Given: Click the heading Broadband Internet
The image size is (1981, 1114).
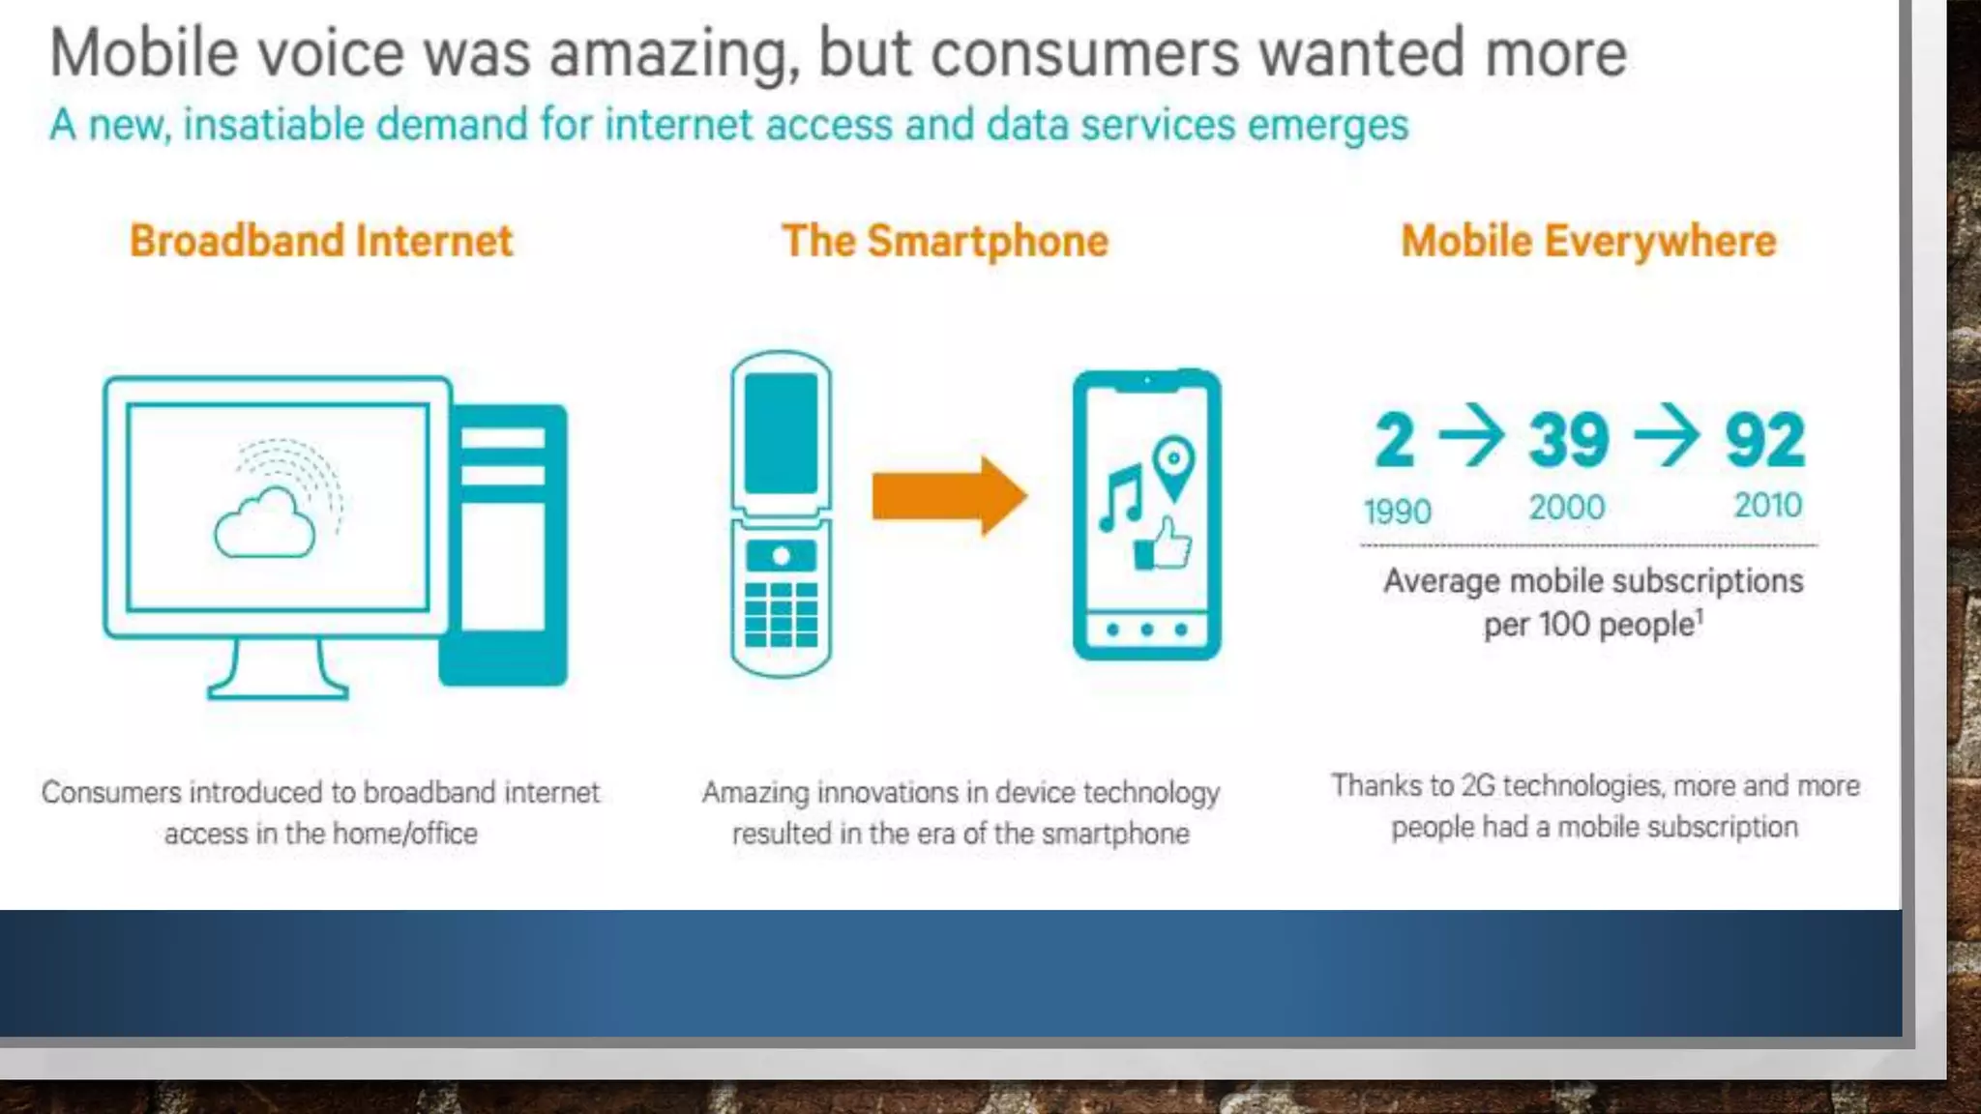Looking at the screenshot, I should (321, 241).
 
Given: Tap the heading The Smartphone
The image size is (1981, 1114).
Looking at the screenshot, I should (945, 241).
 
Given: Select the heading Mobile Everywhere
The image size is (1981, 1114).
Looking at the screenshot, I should (1588, 241).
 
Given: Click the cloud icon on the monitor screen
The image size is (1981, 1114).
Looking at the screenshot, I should (265, 524).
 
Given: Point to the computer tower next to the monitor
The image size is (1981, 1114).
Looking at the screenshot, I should (503, 544).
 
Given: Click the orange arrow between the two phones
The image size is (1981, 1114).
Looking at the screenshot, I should (948, 495).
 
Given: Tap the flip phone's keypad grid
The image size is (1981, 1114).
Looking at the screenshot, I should (781, 614).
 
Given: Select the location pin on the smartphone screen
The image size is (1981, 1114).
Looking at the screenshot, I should (1174, 466).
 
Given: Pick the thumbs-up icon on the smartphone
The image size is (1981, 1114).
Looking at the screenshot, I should (1164, 544).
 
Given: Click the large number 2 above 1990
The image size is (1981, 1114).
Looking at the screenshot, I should (1395, 440).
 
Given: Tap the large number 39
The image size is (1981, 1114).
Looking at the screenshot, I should (1569, 440).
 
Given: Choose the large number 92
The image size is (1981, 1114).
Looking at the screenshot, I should (1765, 440).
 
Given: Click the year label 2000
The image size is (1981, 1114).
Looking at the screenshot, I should (1567, 507).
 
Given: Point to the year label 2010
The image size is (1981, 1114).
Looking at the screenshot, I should (1767, 505).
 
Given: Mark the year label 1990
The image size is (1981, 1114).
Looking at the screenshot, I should (1397, 511).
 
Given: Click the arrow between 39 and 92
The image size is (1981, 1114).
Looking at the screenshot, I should (1667, 435).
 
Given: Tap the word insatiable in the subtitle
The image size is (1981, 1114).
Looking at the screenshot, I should (274, 125).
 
